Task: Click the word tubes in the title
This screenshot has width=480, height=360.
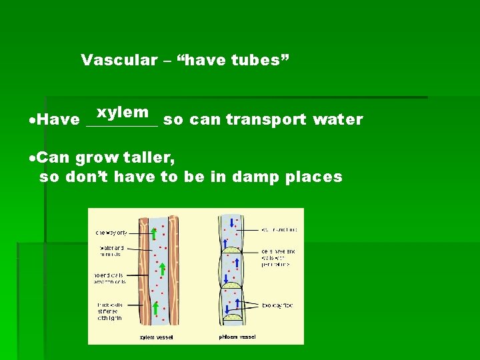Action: point(260,60)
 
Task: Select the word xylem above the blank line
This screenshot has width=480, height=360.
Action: point(123,112)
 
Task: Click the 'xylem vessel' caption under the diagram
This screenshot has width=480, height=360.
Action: point(155,337)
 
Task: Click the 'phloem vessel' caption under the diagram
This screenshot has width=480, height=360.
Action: point(237,337)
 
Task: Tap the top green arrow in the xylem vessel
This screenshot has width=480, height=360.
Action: point(154,233)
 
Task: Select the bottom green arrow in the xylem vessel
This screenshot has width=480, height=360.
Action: point(156,308)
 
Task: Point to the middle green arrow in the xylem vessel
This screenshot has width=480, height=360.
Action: point(162,269)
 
